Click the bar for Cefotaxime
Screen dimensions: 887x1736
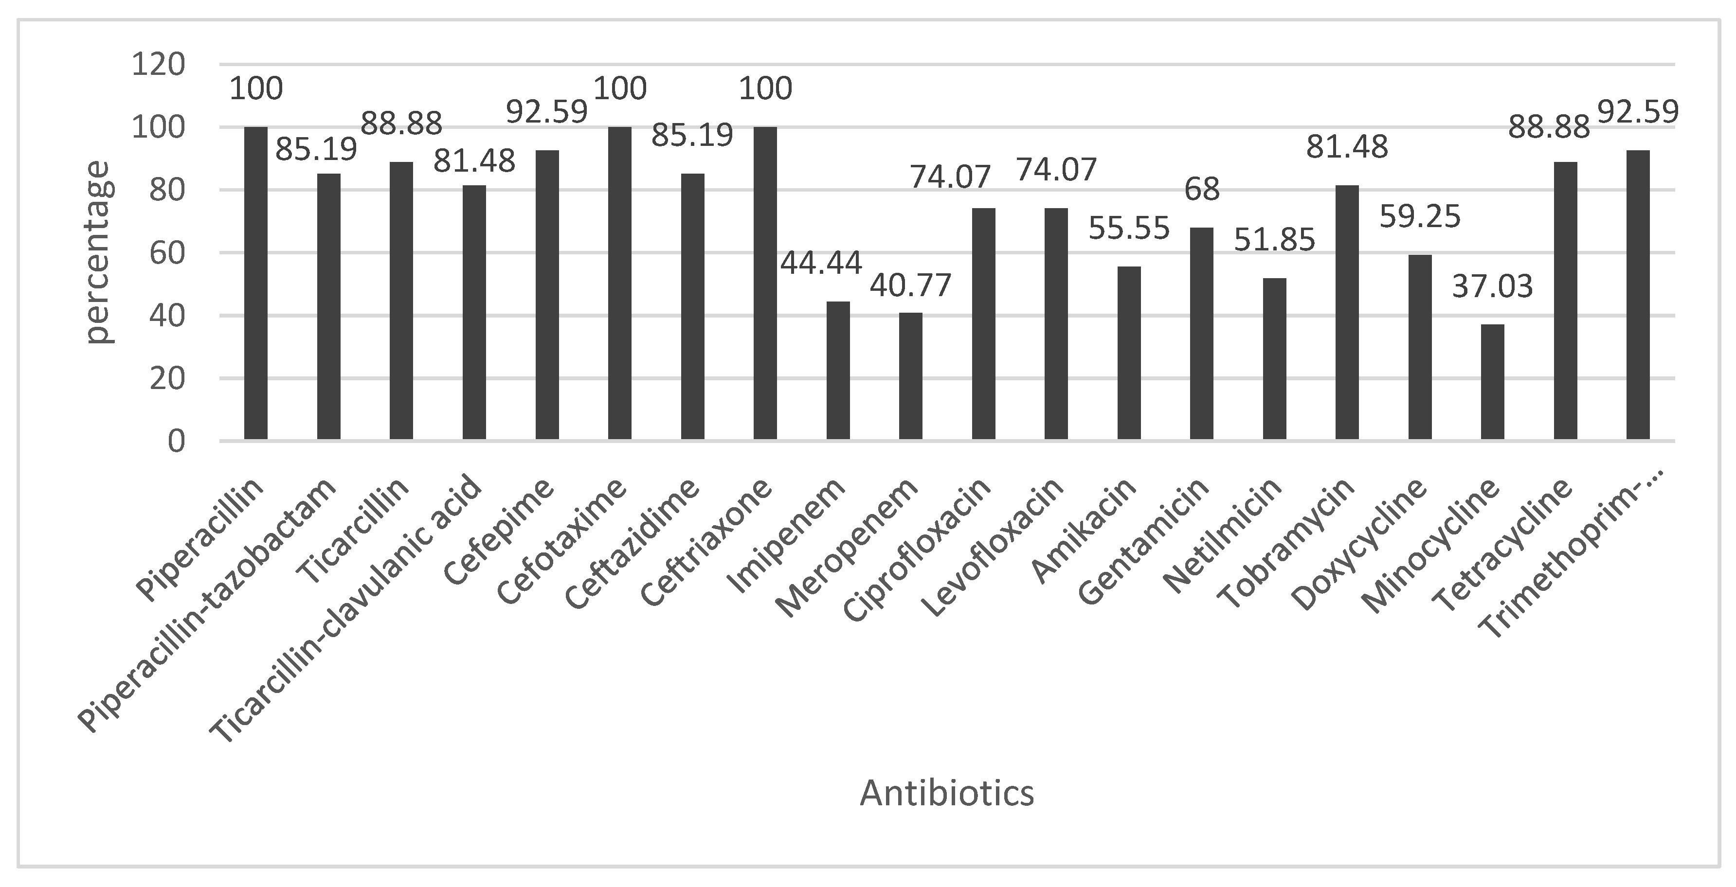(x=619, y=283)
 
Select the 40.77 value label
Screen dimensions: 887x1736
(x=910, y=285)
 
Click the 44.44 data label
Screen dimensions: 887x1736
(x=821, y=262)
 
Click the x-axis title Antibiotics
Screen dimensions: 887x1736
(x=946, y=793)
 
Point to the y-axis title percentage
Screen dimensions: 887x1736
(x=99, y=252)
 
